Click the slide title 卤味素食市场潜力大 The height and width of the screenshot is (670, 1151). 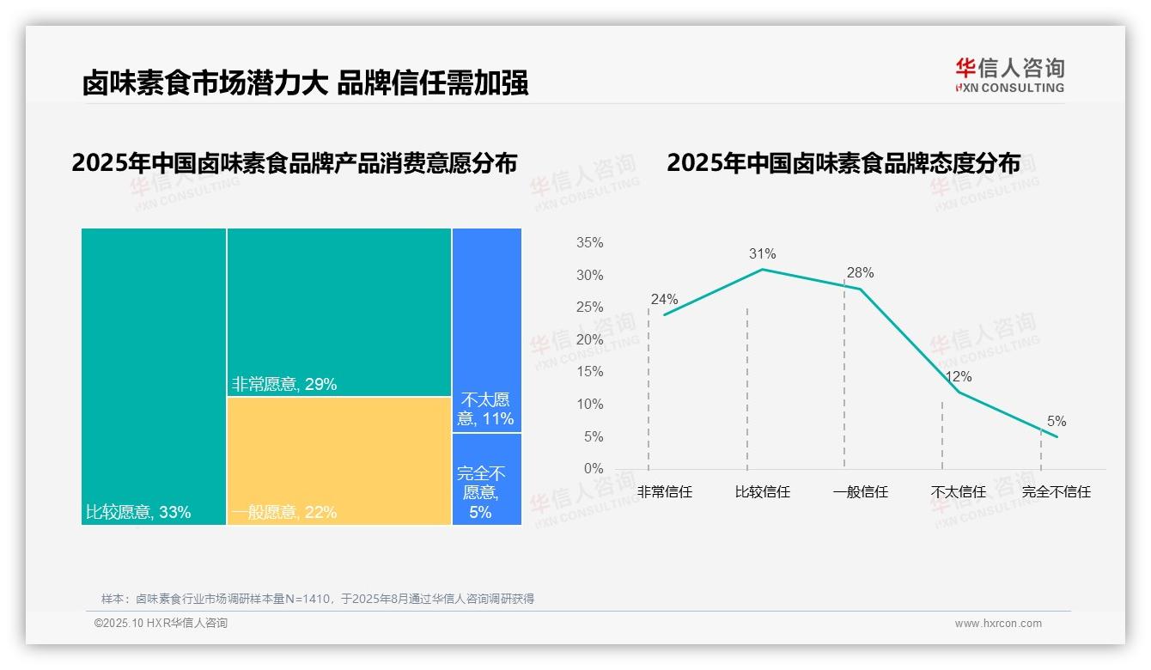[x=305, y=82]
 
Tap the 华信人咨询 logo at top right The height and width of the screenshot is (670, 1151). [x=1009, y=75]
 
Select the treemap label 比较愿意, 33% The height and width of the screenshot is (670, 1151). [x=138, y=513]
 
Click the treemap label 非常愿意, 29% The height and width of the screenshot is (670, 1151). [x=284, y=384]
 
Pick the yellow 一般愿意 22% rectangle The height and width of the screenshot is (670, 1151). [x=339, y=460]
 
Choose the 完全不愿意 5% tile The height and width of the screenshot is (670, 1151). [x=486, y=479]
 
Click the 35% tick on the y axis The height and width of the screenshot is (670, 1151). [x=589, y=243]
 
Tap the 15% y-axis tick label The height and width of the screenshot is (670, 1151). [x=589, y=372]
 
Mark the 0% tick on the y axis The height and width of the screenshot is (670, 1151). [x=593, y=469]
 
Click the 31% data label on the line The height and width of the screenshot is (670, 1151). [x=762, y=253]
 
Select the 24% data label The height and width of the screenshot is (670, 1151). [x=664, y=300]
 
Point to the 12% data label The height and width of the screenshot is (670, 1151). [x=958, y=376]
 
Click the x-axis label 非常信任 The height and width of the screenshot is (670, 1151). [x=664, y=492]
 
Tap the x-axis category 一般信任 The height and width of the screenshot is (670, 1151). [x=860, y=492]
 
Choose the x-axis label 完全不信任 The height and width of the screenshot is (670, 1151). [x=1056, y=492]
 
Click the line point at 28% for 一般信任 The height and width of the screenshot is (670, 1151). [x=861, y=289]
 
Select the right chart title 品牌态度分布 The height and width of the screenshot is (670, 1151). [x=843, y=163]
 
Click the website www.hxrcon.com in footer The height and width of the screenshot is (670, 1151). [x=997, y=624]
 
